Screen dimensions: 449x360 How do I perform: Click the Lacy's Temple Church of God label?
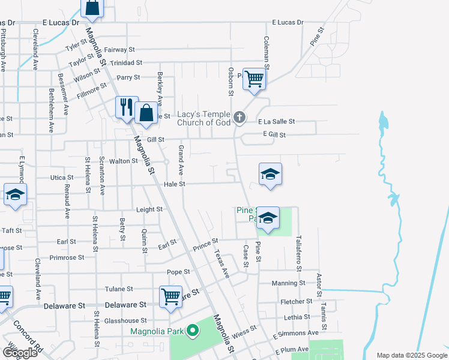204,118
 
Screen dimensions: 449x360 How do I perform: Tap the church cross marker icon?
240,117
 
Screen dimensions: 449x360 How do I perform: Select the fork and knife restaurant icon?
127,107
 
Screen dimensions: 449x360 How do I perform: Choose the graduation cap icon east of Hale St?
270,174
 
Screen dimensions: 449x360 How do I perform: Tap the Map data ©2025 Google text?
411,355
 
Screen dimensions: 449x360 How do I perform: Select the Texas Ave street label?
221,264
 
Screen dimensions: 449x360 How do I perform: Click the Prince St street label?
205,244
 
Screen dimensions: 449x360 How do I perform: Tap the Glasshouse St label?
125,321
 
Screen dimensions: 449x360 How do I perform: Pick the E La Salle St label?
277,121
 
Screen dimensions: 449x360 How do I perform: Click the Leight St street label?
149,209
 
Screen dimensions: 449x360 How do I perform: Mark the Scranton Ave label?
102,176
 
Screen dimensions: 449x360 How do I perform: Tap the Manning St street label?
288,283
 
